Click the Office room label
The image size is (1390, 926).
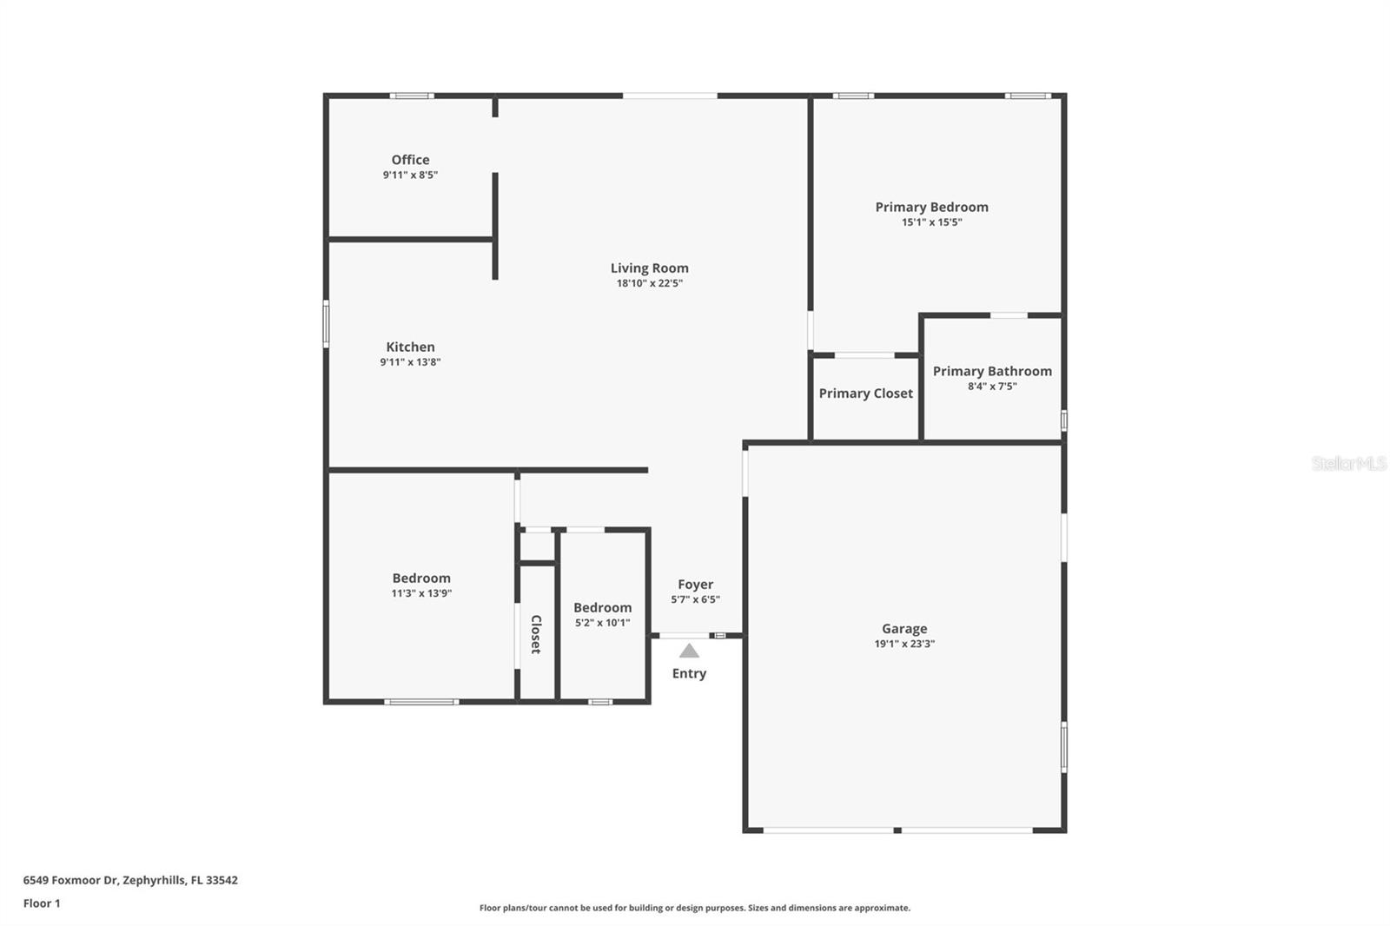(410, 160)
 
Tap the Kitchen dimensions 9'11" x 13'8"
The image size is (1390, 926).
(410, 362)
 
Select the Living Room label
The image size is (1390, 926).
(649, 268)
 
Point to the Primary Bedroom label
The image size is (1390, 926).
(931, 207)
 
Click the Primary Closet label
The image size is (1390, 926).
(865, 394)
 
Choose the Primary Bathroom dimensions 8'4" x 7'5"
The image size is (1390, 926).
(992, 387)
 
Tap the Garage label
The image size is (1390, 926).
(904, 629)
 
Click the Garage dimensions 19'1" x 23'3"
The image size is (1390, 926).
(904, 645)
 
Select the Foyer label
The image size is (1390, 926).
(695, 585)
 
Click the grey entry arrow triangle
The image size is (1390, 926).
(689, 651)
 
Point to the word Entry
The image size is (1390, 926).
(689, 674)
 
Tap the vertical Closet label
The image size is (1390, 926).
(536, 634)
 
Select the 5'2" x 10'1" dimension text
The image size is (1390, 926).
(602, 623)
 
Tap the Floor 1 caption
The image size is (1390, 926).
(42, 903)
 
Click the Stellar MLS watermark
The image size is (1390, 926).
(1348, 464)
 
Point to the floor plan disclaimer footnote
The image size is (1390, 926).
(695, 908)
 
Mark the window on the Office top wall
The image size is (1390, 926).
(411, 96)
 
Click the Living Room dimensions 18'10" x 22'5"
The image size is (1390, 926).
(649, 283)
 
